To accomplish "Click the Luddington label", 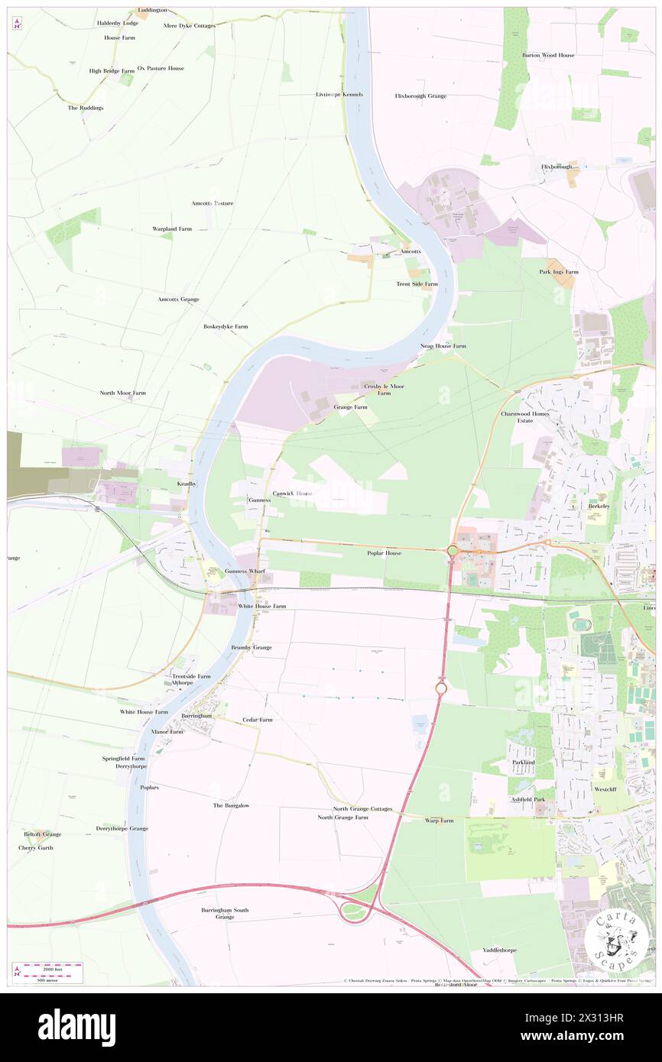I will pos(152,10).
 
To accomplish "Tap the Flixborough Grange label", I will pos(420,96).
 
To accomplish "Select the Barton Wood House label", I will pos(548,56).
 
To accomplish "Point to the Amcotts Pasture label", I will pos(213,203).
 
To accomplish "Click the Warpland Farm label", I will pos(171,229).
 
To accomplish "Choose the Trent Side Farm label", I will pos(417,284).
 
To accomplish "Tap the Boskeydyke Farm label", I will pos(226,327).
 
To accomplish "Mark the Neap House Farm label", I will pos(443,346).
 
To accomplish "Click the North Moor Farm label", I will pos(122,393).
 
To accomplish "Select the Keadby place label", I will pos(187,484).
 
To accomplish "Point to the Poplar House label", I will pos(384,553).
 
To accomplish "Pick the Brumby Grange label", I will pos(251,647).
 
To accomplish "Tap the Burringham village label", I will pos(196,716).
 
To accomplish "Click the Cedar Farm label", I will pos(258,720).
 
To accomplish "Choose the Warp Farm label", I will pos(439,821).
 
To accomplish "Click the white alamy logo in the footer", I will pos(77,1028).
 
